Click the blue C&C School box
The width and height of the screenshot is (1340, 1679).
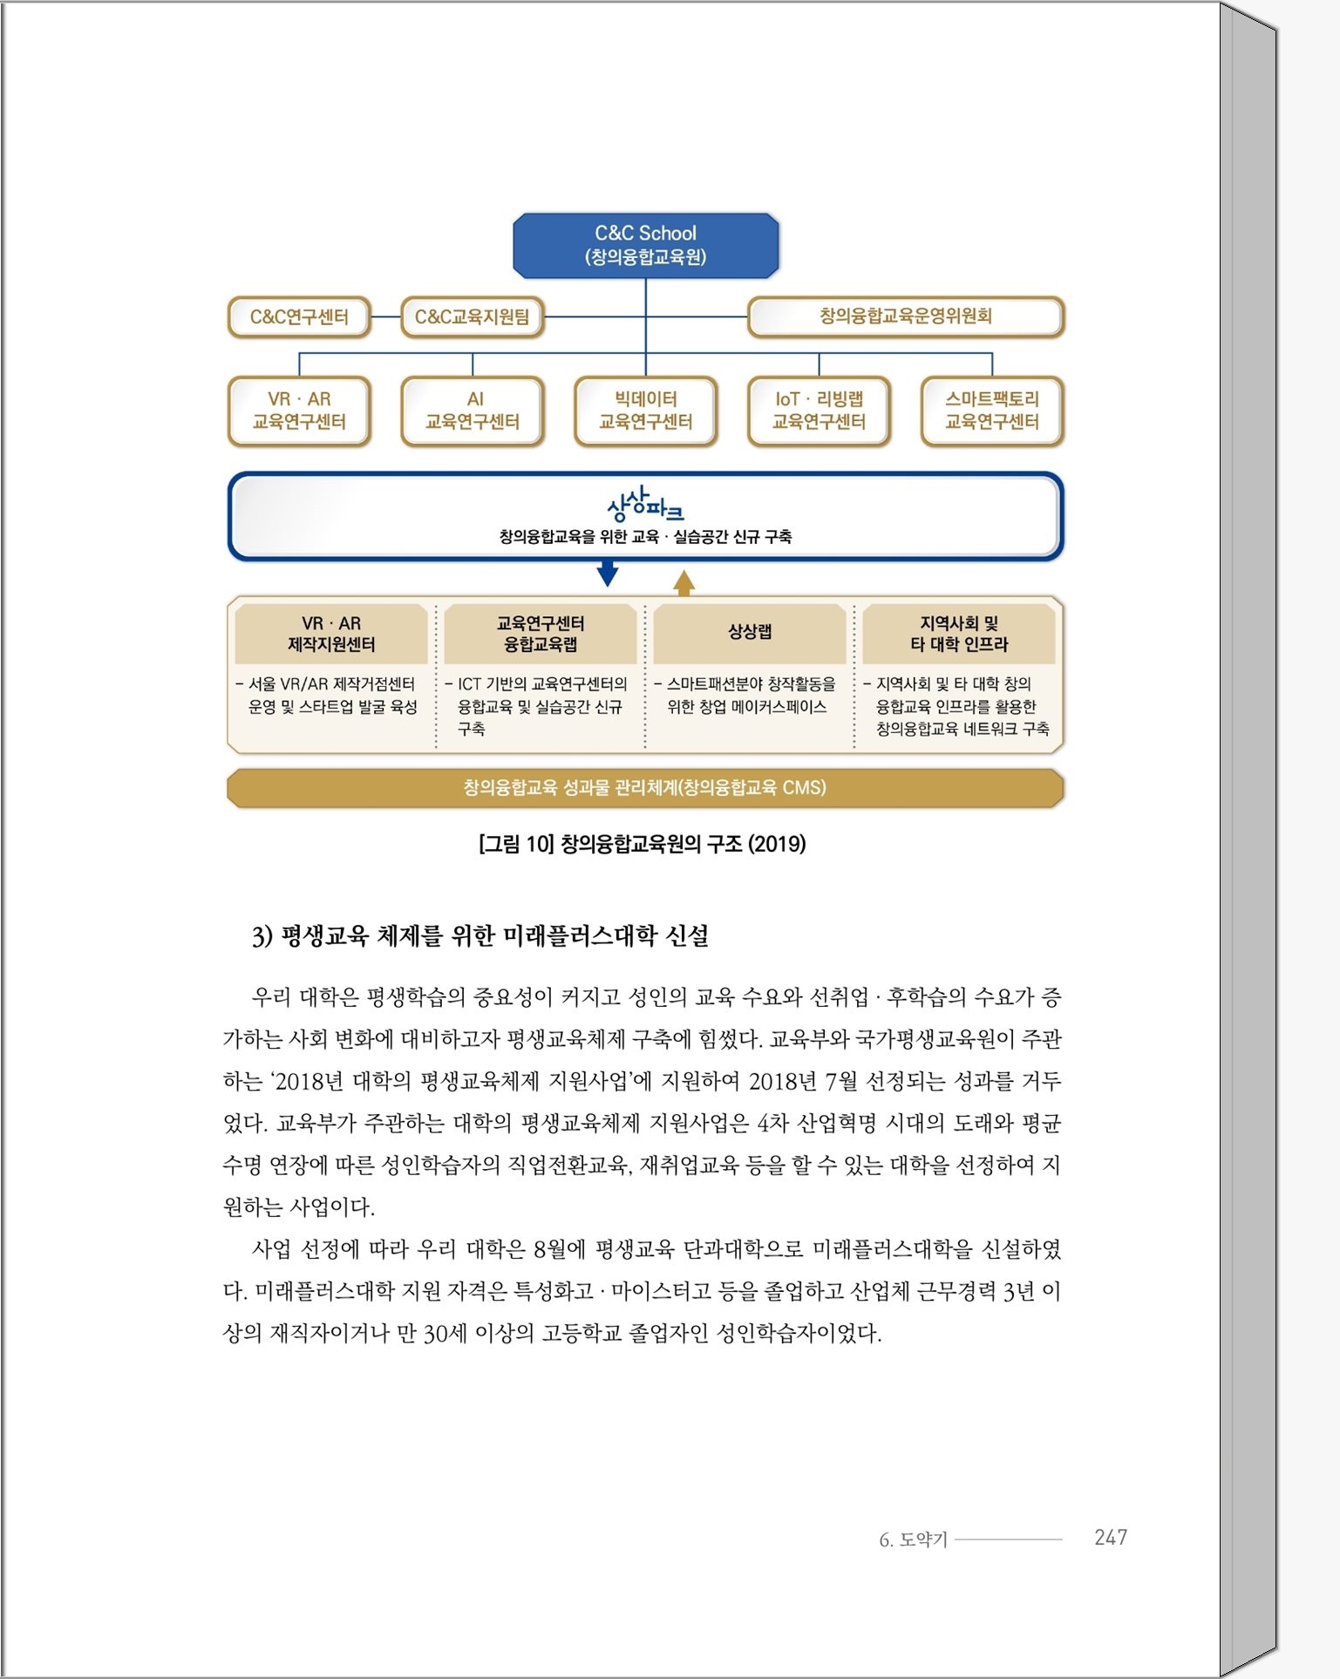tap(645, 245)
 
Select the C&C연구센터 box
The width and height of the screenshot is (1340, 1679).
tap(299, 316)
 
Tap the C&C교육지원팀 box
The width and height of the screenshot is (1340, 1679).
tap(472, 316)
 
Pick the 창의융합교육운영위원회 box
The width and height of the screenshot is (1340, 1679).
tap(906, 316)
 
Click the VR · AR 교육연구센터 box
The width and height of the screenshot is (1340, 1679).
tap(299, 411)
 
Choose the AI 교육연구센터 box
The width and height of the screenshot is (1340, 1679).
tap(473, 411)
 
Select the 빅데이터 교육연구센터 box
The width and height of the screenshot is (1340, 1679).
tap(645, 411)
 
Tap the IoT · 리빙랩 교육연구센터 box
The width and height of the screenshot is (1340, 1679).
tap(819, 411)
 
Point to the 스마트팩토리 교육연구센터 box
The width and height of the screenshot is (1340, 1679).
tap(992, 411)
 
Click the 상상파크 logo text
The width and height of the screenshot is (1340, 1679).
tap(645, 504)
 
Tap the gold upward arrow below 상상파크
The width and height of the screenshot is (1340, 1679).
tap(684, 582)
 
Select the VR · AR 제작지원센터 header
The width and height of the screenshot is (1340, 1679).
tap(331, 634)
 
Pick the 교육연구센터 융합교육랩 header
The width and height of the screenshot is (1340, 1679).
tap(541, 634)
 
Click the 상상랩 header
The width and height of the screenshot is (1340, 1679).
tap(750, 634)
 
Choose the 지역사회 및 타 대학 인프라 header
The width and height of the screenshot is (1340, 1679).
tap(959, 634)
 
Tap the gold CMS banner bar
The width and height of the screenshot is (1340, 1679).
tap(645, 788)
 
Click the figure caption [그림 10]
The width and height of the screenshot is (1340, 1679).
tap(516, 844)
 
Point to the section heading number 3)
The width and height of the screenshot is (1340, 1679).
tap(262, 936)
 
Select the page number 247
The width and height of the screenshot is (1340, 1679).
tap(1111, 1537)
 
